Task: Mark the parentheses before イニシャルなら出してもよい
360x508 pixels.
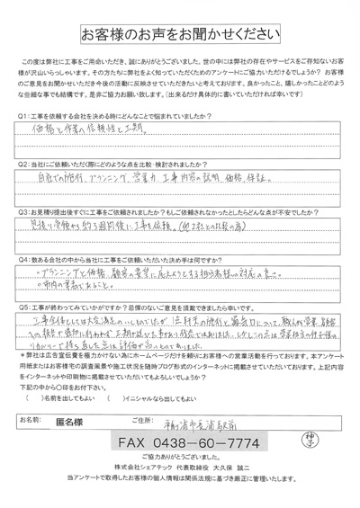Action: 111,396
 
